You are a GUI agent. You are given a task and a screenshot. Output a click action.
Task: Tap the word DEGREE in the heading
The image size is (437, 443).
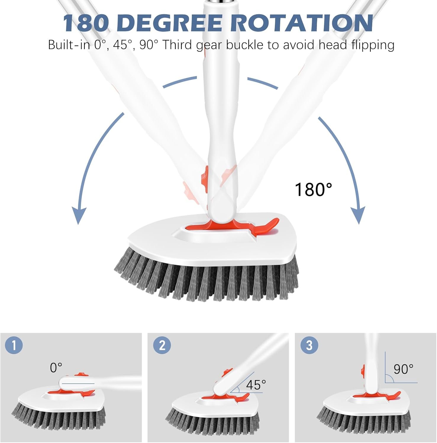coord(172,23)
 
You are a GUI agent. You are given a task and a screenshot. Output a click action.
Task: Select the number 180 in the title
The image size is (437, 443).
coord(85,23)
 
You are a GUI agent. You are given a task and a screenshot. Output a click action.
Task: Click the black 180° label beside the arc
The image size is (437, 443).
coord(313,189)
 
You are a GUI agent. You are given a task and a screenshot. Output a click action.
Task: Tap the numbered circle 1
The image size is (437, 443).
coord(14,345)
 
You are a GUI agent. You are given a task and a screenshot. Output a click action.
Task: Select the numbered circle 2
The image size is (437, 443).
coord(162,345)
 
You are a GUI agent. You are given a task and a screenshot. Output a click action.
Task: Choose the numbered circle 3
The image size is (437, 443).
coord(309,345)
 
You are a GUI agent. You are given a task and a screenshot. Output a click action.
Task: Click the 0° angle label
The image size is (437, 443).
coord(56,368)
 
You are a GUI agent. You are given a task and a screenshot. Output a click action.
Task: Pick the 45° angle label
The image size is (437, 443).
coord(256,385)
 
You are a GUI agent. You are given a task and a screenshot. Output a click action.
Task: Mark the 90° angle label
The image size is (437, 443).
coord(403,369)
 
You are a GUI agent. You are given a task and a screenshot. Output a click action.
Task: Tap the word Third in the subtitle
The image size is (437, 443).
coord(178,45)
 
